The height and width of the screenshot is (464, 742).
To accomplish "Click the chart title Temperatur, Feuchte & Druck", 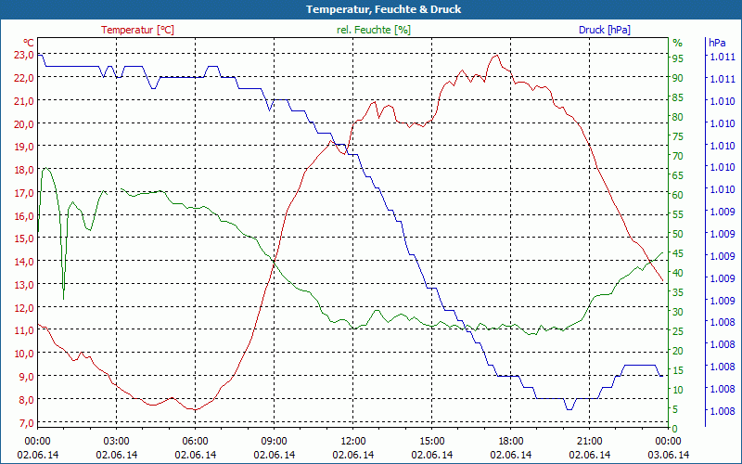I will click(370, 9).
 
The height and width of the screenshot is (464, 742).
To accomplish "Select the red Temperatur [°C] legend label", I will click(137, 30).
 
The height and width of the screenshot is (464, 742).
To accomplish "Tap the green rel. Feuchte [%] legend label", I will click(374, 30).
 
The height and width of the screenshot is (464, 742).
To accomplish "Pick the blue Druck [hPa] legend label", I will click(604, 30).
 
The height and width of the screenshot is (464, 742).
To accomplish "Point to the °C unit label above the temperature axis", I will click(29, 43).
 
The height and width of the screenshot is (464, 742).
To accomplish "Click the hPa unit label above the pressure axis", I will click(717, 43).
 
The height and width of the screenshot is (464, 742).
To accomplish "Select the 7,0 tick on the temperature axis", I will click(24, 422).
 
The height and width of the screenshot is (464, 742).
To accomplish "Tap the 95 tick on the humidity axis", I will click(677, 58).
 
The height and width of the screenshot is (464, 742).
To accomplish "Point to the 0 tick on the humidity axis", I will click(674, 428).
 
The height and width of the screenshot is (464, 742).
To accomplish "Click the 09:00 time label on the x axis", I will click(274, 441).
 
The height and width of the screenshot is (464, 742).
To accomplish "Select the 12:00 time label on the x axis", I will click(352, 441).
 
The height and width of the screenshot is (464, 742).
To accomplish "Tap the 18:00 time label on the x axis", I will click(510, 441).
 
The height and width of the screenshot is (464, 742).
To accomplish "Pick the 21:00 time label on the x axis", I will click(589, 441).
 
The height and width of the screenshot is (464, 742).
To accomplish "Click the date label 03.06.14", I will click(668, 455).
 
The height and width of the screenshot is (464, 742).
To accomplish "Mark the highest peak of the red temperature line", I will click(496, 55).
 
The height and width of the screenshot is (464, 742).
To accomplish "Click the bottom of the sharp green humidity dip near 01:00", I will click(63, 299).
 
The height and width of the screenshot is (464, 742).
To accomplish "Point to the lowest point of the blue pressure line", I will click(569, 408).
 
